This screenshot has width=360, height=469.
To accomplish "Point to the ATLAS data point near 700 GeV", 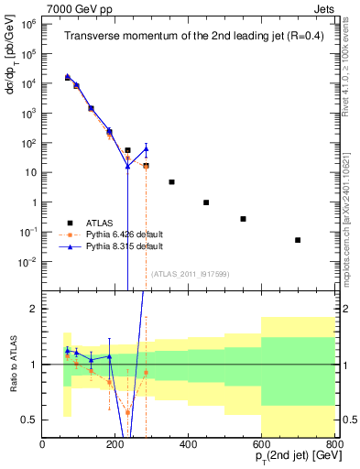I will tap(298, 240).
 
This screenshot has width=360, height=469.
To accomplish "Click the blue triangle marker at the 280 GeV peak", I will tap(146, 148).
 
